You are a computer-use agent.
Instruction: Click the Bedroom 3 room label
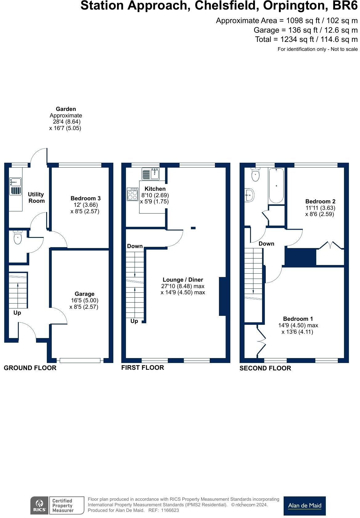[85, 198]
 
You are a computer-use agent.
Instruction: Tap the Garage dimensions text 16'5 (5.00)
[84, 300]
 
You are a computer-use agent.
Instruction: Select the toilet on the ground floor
[18, 238]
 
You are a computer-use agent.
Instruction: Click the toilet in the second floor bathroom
[256, 175]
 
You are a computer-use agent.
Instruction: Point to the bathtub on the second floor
[276, 185]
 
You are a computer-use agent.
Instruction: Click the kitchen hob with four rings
[132, 194]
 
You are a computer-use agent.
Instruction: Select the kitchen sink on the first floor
[151, 174]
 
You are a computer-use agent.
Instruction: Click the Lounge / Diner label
[183, 280]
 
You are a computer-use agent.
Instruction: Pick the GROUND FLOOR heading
[30, 368]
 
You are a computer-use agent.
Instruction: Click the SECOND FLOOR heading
[265, 368]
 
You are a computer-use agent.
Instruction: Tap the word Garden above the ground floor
[66, 109]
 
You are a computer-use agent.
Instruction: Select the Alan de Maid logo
[304, 506]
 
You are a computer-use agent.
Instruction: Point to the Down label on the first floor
[135, 246]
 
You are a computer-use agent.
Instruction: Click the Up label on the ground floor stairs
[17, 313]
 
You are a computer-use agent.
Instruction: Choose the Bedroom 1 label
[298, 319]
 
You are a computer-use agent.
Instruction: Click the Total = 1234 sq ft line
[306, 39]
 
